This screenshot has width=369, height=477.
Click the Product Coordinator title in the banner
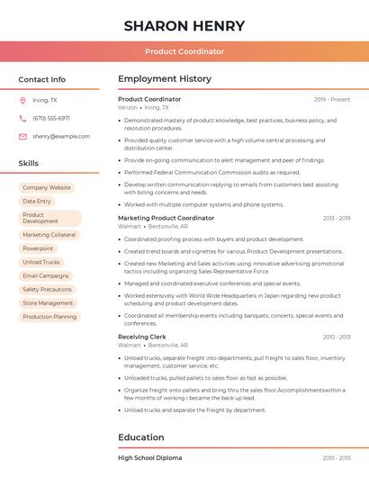tap(184, 51)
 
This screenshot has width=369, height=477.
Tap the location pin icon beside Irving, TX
tap(22, 100)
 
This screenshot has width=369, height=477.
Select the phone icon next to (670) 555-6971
tap(22, 118)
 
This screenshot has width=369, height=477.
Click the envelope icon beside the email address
tap(22, 136)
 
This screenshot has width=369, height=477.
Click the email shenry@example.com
tap(55, 136)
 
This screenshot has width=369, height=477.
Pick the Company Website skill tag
tap(47, 188)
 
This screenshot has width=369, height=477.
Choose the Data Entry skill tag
tap(37, 202)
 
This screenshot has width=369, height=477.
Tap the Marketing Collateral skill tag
tap(49, 235)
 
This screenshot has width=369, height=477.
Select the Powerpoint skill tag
tap(38, 248)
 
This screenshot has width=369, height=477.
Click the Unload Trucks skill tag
tap(41, 262)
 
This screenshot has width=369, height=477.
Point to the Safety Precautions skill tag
tap(47, 290)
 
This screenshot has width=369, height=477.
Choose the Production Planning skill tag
tap(49, 317)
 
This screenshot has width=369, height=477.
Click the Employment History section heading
tap(164, 79)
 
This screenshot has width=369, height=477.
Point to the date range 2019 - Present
tap(332, 99)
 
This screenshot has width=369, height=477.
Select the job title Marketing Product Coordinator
tap(166, 218)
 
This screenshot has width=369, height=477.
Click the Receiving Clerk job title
tap(142, 337)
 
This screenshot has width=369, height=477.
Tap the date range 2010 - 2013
tap(336, 337)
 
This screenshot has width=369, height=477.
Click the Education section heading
tap(141, 437)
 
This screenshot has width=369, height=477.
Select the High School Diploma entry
tap(149, 458)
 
